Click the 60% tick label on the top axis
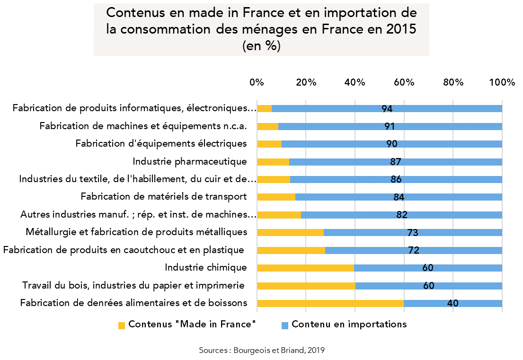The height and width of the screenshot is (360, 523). pyautogui.click(x=404, y=82)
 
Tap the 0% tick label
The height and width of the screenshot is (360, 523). pyautogui.click(x=257, y=82)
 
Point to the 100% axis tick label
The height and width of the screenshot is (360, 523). pyautogui.click(x=502, y=82)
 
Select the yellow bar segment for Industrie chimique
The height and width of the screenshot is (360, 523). pyautogui.click(x=305, y=268)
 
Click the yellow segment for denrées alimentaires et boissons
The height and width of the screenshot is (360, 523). pyautogui.click(x=330, y=303)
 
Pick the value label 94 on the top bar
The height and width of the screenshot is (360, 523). pyautogui.click(x=387, y=109)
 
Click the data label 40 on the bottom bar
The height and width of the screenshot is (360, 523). pyautogui.click(x=452, y=303)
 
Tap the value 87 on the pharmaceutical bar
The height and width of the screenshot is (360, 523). pyautogui.click(x=396, y=162)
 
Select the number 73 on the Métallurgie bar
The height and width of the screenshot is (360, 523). pyautogui.click(x=412, y=233)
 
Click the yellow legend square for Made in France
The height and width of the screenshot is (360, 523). pyautogui.click(x=122, y=325)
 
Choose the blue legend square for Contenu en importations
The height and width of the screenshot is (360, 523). pyautogui.click(x=285, y=325)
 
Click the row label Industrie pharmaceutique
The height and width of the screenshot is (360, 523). pyautogui.click(x=190, y=162)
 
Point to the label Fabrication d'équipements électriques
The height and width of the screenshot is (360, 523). pyautogui.click(x=161, y=144)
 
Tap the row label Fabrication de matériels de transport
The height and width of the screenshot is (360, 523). pyautogui.click(x=164, y=197)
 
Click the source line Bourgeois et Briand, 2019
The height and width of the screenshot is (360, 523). pyautogui.click(x=262, y=350)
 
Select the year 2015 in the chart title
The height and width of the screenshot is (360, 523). pyautogui.click(x=400, y=29)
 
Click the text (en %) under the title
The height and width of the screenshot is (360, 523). pyautogui.click(x=261, y=46)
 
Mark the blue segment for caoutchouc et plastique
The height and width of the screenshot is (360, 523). pyautogui.click(x=414, y=250)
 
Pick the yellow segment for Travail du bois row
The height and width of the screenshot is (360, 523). pyautogui.click(x=306, y=286)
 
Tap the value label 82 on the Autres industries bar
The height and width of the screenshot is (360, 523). pyautogui.click(x=402, y=215)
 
